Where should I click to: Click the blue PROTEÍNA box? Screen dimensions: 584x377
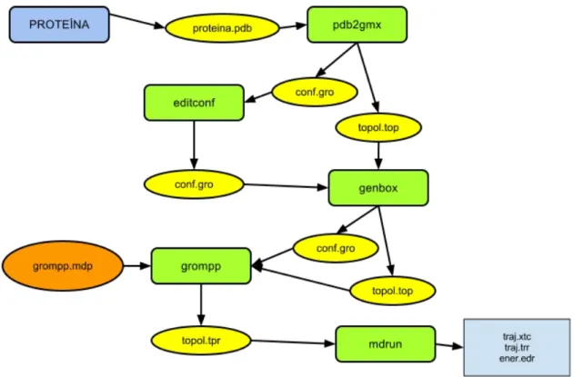[59, 25]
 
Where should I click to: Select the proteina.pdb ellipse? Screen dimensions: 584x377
[222, 28]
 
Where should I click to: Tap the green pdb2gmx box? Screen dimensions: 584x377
[357, 25]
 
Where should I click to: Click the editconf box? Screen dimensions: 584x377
[194, 103]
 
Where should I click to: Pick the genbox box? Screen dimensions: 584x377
[378, 188]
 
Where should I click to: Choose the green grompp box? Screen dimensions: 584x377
[201, 266]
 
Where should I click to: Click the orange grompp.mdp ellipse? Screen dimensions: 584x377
[63, 266]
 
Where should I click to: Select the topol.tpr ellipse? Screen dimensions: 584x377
[201, 340]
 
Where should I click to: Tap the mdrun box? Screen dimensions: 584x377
[386, 344]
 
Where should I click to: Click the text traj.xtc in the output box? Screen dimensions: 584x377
[517, 337]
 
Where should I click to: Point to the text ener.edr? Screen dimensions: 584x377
[517, 359]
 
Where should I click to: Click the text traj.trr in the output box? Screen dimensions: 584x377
[517, 348]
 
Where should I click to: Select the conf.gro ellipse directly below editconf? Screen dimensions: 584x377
[194, 184]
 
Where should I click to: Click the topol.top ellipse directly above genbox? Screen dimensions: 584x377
[378, 127]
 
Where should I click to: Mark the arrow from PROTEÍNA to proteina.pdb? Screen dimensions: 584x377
[137, 21]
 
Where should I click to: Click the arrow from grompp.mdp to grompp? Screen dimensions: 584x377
[137, 266]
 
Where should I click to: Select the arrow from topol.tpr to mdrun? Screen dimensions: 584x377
[293, 342]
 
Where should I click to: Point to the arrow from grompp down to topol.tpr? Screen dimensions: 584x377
[201, 305]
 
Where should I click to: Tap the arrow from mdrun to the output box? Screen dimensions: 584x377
[449, 346]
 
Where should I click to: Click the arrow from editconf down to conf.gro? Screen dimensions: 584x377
[194, 145]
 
